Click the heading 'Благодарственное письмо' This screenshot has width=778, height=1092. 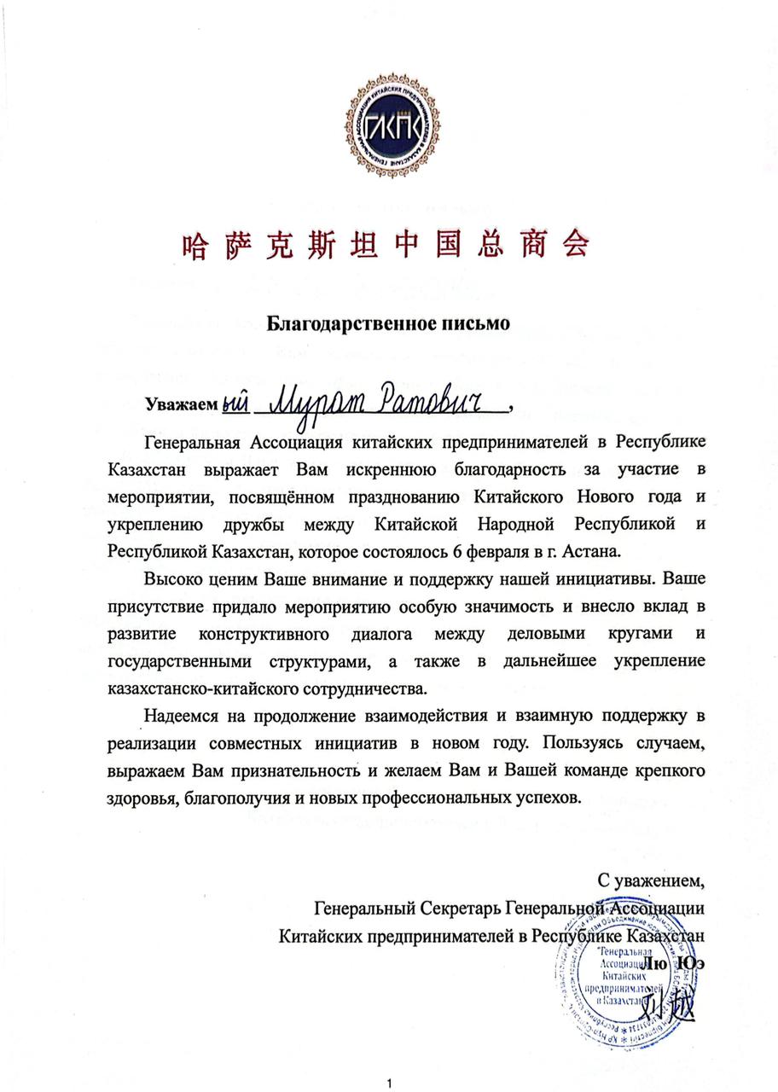click(388, 323)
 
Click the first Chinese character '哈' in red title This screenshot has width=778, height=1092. click(195, 245)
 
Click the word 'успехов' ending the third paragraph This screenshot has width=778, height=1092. click(551, 799)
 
